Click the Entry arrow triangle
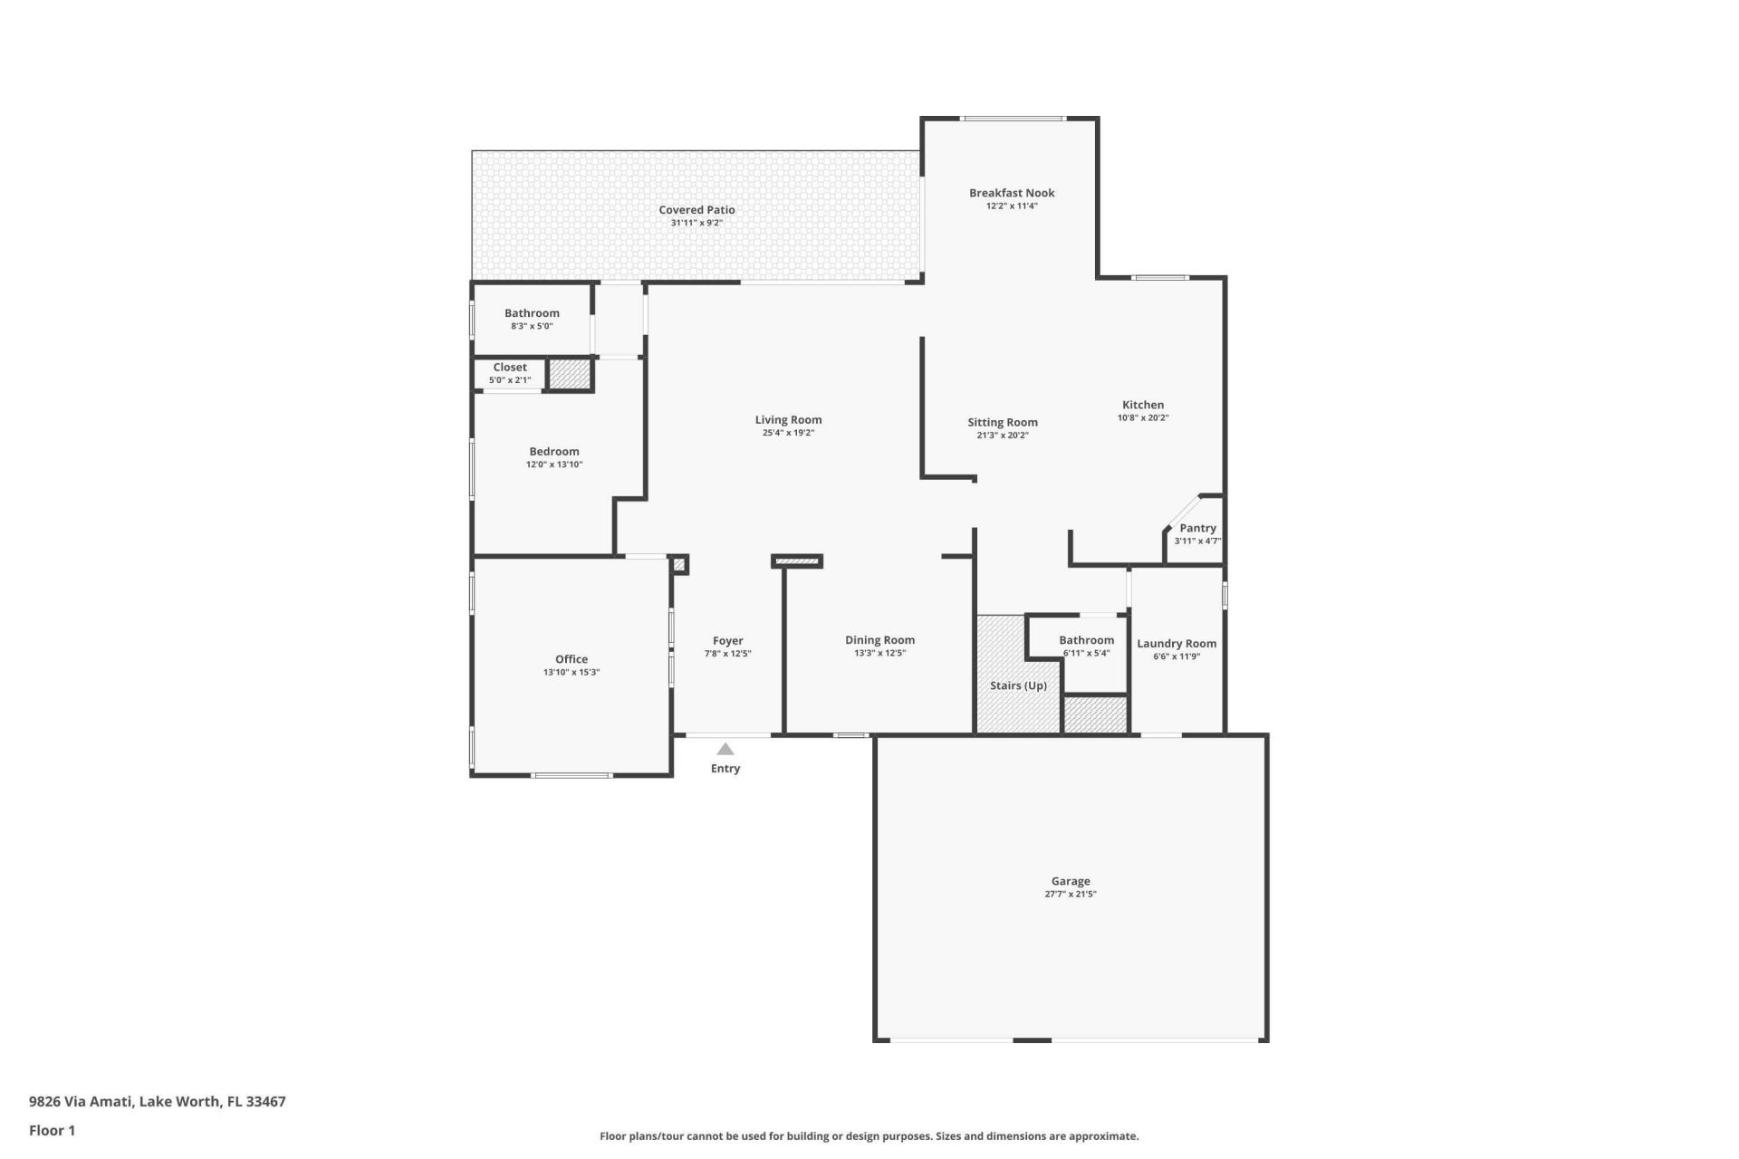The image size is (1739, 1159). (x=725, y=749)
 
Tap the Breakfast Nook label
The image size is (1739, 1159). (x=1012, y=193)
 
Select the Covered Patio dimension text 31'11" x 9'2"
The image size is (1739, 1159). (x=697, y=223)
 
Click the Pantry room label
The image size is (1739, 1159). (x=1197, y=528)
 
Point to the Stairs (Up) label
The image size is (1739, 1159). (x=1018, y=685)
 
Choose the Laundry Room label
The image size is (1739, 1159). (x=1177, y=644)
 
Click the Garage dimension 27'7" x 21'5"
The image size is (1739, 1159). (x=1071, y=895)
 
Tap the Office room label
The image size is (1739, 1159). (x=572, y=659)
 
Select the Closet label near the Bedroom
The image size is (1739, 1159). (x=510, y=368)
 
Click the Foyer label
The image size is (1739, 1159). (x=727, y=641)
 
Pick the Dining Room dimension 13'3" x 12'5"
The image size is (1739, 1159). (x=879, y=654)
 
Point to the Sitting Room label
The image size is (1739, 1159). (x=1003, y=423)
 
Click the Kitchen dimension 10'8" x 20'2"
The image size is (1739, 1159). (x=1143, y=418)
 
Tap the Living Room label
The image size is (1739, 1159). (x=788, y=420)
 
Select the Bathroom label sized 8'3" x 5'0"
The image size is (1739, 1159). (x=532, y=313)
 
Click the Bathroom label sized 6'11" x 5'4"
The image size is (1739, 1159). (x=1086, y=640)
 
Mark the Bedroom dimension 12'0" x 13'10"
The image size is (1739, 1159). (x=554, y=465)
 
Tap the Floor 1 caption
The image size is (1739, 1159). (x=52, y=1130)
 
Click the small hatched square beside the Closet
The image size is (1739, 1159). (x=570, y=374)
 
